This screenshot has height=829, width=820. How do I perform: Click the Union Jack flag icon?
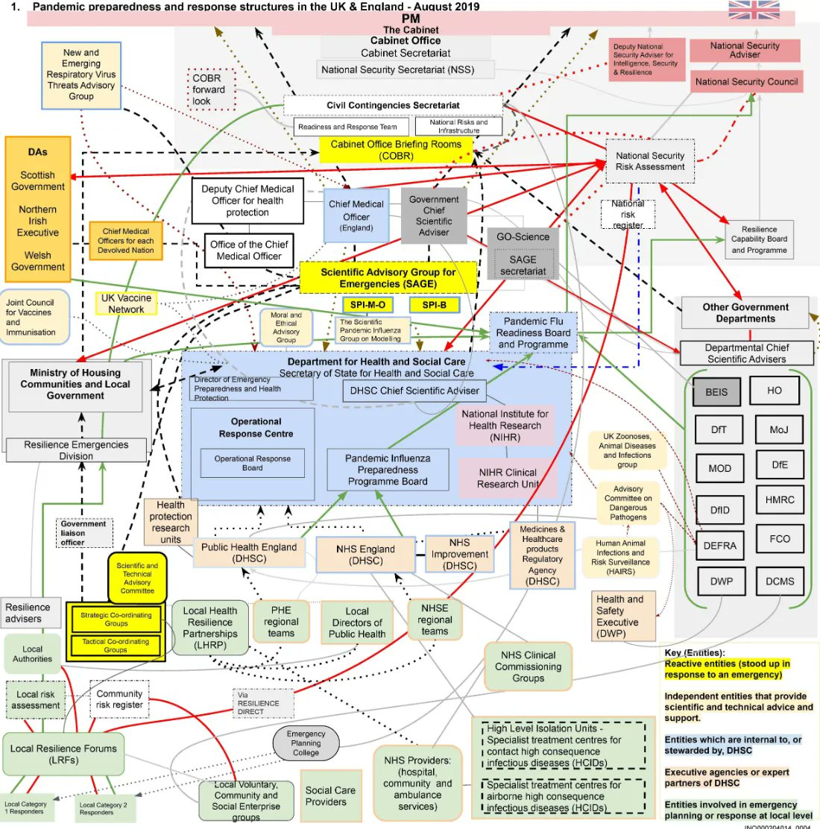(754, 10)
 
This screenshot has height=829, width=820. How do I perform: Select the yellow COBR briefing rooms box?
(396, 150)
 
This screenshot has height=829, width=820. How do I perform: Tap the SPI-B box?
(434, 305)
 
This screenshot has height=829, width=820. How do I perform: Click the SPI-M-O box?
(368, 305)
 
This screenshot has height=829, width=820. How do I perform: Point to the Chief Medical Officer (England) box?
(356, 215)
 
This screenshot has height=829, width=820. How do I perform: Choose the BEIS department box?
(716, 392)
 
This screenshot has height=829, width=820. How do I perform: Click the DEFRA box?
(719, 546)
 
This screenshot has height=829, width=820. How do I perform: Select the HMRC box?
(779, 500)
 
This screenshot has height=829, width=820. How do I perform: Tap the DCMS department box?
(779, 581)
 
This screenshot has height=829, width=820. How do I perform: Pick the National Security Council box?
(746, 82)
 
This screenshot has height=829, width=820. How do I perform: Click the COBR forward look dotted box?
(211, 89)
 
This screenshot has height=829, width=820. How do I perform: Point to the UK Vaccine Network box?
(126, 303)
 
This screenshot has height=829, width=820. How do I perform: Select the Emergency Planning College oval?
(306, 743)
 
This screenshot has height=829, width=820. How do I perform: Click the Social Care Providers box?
(330, 796)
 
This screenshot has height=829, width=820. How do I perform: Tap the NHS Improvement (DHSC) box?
(459, 554)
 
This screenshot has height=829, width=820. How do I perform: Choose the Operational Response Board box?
(252, 463)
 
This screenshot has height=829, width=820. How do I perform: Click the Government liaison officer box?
(83, 533)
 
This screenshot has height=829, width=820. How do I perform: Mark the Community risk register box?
(119, 699)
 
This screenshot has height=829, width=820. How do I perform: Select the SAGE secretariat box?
(523, 265)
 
